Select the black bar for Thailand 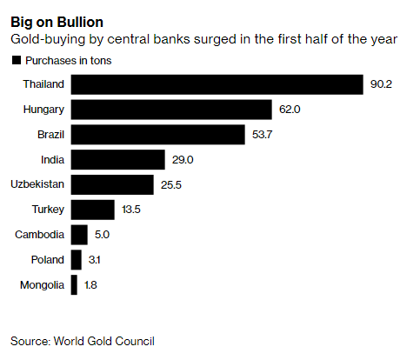(216, 84)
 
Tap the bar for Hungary (171, 110)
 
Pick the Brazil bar (157, 135)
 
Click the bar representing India (117, 160)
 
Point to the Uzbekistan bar (112, 185)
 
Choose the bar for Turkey (92, 210)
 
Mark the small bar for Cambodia (79, 235)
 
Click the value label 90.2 (380, 85)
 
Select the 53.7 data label (262, 136)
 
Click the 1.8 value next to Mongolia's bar (91, 285)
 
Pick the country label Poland (47, 260)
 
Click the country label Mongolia (41, 285)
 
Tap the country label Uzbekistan (37, 185)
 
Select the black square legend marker (16, 60)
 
